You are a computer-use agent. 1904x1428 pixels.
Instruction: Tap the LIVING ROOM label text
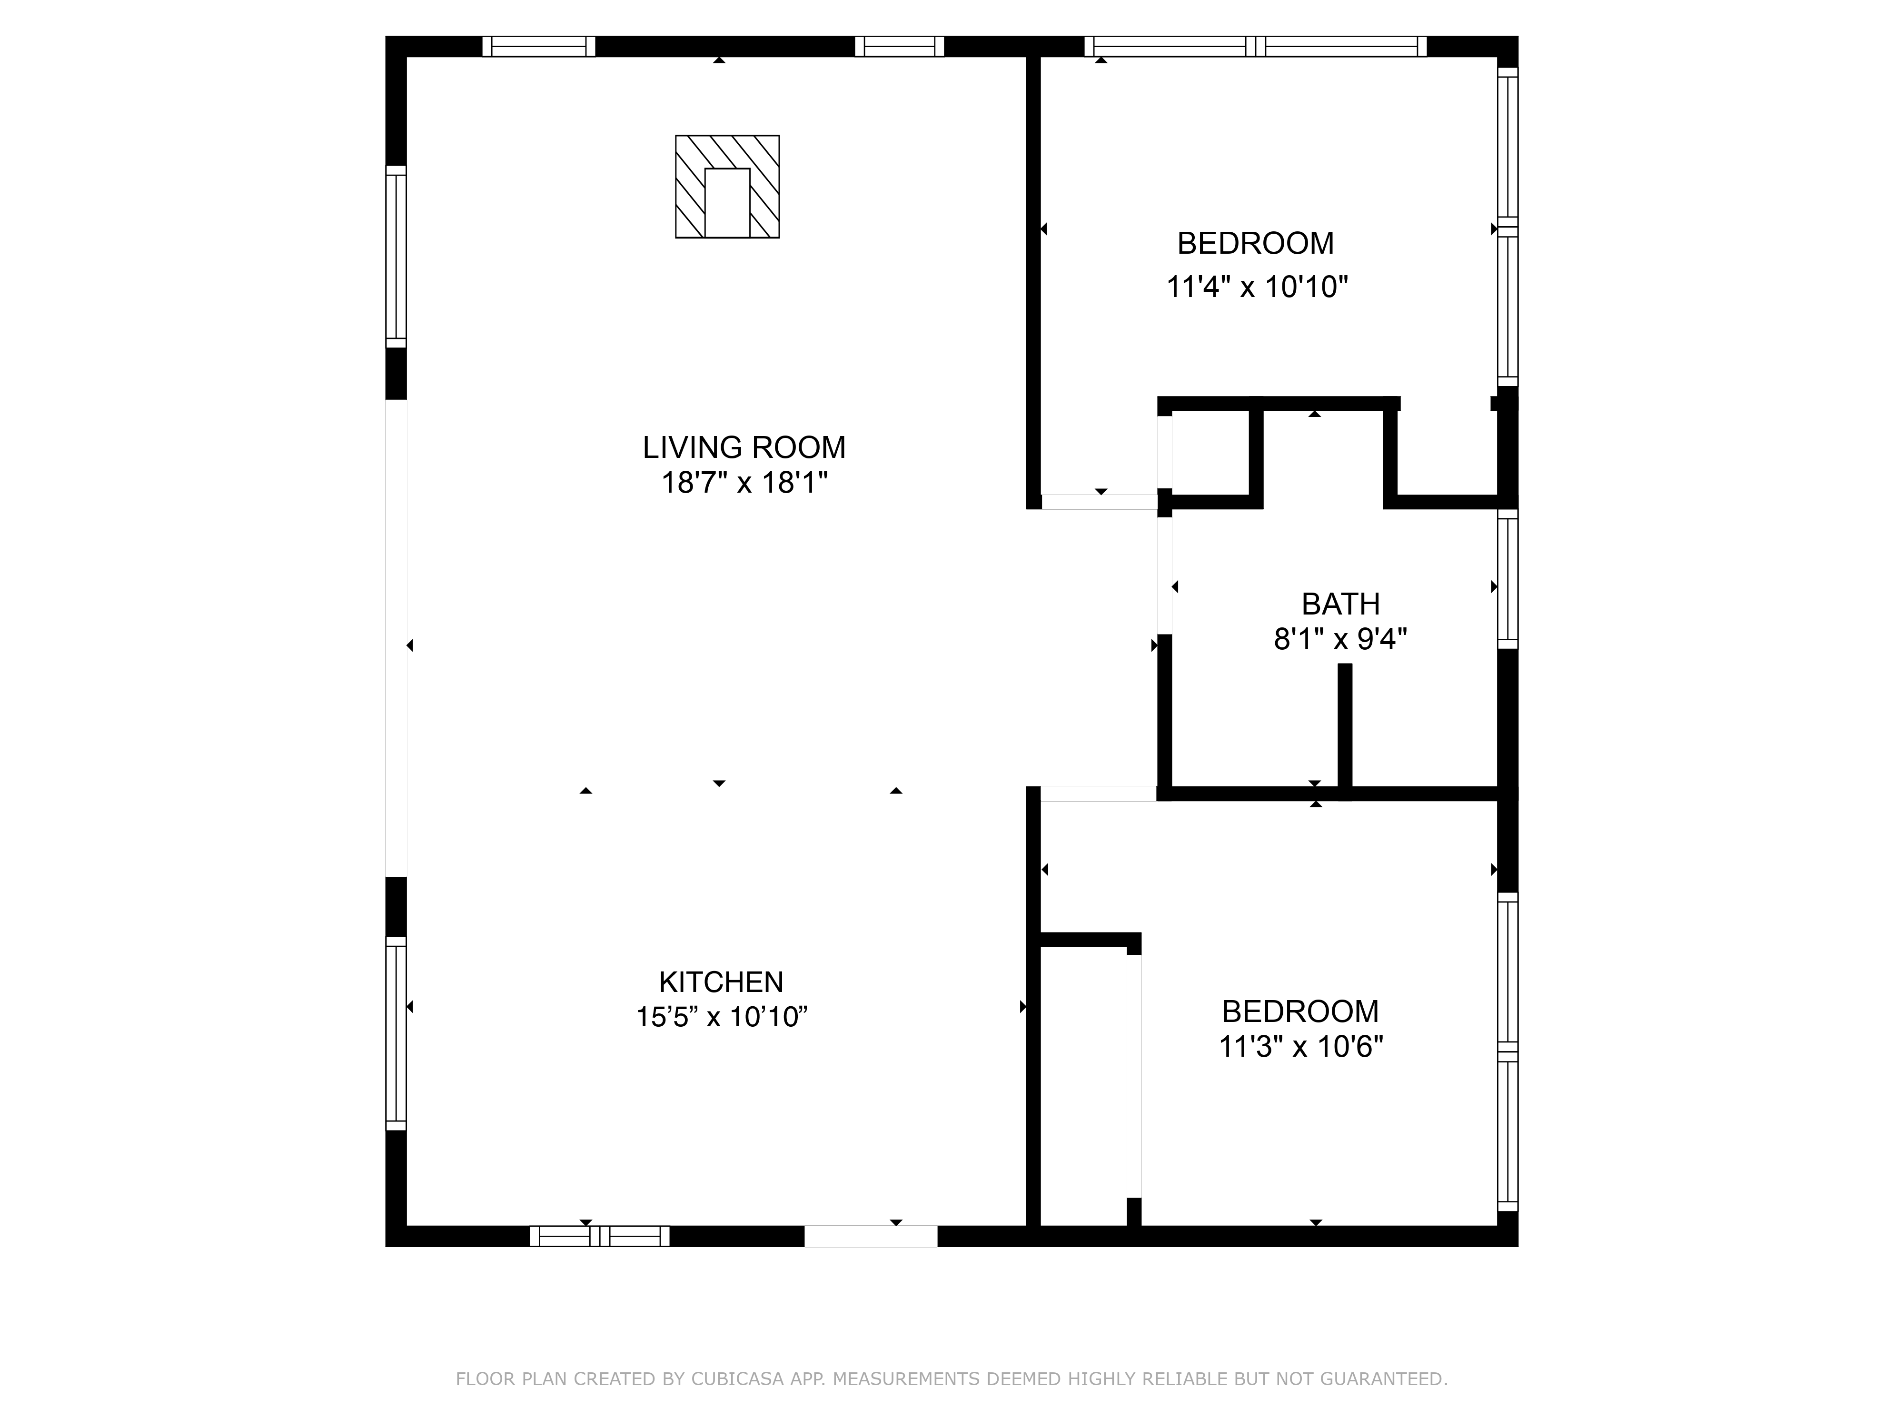click(x=744, y=447)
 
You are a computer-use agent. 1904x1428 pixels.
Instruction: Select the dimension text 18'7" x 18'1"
click(x=744, y=483)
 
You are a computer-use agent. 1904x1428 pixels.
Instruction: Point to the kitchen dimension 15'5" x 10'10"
click(x=721, y=1017)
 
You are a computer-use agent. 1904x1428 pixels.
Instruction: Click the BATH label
click(x=1340, y=604)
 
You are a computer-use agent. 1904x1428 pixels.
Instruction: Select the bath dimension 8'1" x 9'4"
click(x=1340, y=640)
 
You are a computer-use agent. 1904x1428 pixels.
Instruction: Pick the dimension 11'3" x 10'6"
click(x=1300, y=1047)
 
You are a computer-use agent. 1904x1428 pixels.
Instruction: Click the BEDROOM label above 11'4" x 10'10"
click(x=1255, y=244)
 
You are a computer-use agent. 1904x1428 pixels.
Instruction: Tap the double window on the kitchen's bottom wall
click(x=599, y=1236)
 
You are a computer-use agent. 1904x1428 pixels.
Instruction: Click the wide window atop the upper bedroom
click(x=1255, y=47)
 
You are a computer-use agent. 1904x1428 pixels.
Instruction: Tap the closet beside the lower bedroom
click(x=1084, y=1084)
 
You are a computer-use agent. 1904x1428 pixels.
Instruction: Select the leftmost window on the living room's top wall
click(x=538, y=47)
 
